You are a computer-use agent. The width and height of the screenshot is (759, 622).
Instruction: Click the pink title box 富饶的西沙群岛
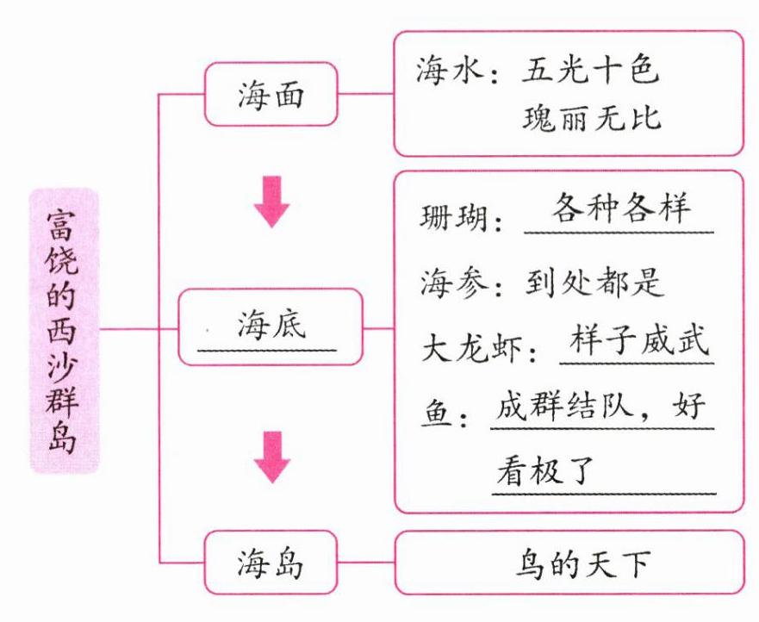(65, 331)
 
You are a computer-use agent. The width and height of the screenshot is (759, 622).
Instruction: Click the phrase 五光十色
(589, 72)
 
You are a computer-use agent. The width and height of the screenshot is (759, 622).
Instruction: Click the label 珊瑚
(453, 217)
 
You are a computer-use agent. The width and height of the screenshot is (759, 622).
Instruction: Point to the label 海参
(453, 282)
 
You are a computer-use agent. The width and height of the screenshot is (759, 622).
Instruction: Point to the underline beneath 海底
(267, 348)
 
